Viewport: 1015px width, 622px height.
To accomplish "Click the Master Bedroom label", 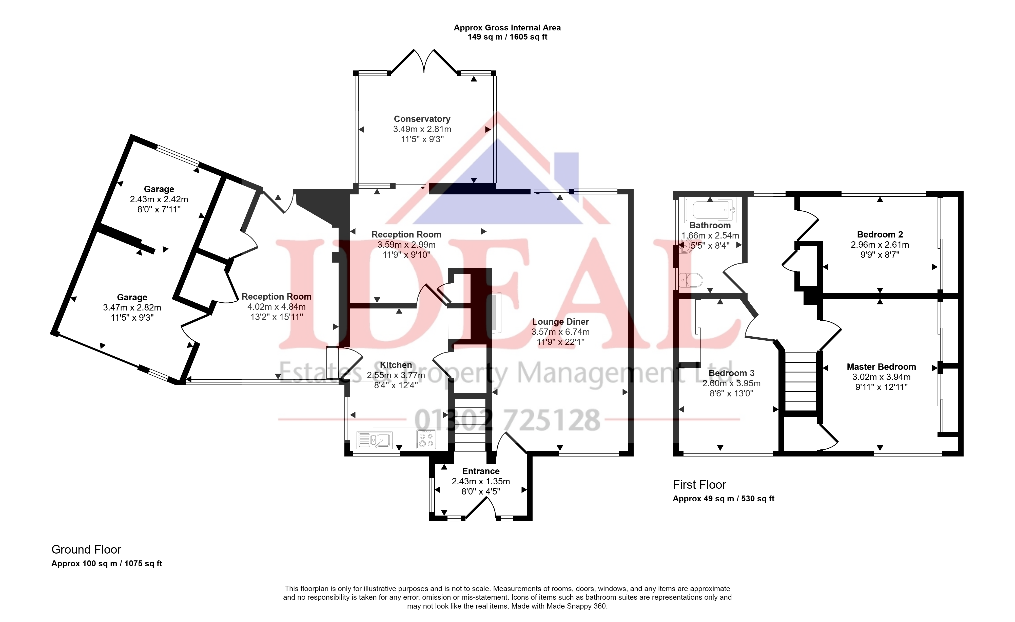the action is [x=881, y=367].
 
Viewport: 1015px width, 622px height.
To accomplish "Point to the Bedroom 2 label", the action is [x=880, y=234].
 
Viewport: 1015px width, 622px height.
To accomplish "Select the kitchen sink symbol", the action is [x=375, y=440].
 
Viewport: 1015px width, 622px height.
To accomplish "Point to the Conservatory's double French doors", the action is [x=424, y=62].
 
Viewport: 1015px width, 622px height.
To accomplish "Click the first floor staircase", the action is [x=801, y=381].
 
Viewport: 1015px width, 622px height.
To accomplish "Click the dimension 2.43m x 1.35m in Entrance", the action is [x=481, y=481].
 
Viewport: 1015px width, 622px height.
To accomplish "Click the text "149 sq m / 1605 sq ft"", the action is [x=507, y=37].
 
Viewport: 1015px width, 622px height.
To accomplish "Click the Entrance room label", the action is [x=481, y=471].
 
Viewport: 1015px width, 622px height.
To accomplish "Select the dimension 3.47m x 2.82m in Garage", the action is [x=132, y=307].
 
